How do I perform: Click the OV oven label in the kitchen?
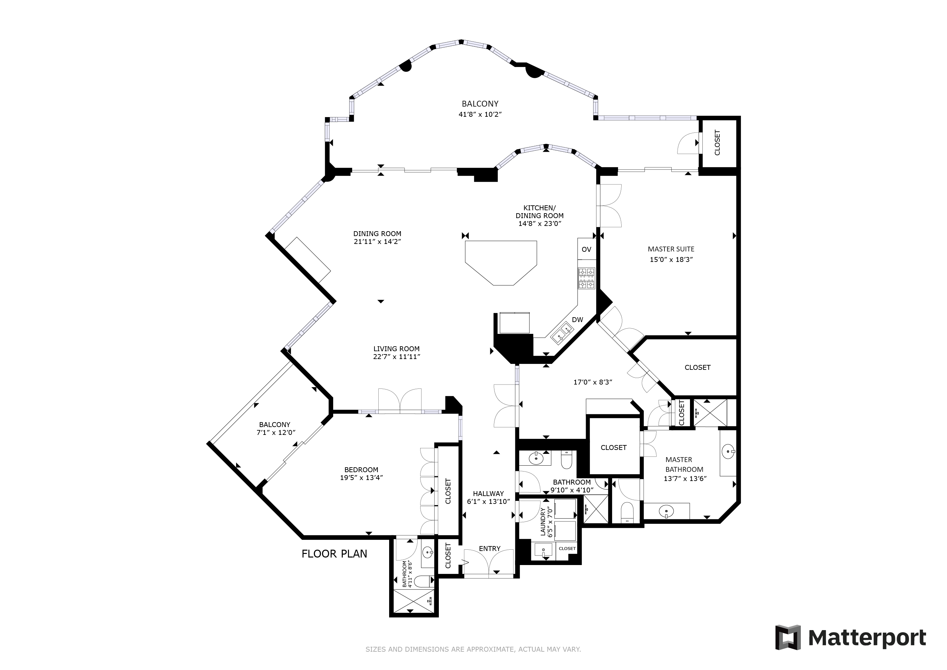tap(586, 249)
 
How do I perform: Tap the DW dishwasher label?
tap(577, 320)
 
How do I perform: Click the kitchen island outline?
tap(501, 263)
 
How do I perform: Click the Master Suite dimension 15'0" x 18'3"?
tap(671, 260)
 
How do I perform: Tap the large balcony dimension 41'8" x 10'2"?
tap(480, 114)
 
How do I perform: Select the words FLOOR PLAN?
tap(334, 554)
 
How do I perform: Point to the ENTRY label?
tap(490, 549)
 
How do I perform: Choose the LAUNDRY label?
tap(543, 522)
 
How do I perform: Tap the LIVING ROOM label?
tap(396, 349)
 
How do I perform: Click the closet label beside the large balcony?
tap(717, 143)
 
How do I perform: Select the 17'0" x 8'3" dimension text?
tap(593, 382)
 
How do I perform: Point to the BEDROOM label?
tap(361, 470)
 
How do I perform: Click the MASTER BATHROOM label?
tap(684, 465)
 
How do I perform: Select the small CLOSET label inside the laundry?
tap(567, 548)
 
